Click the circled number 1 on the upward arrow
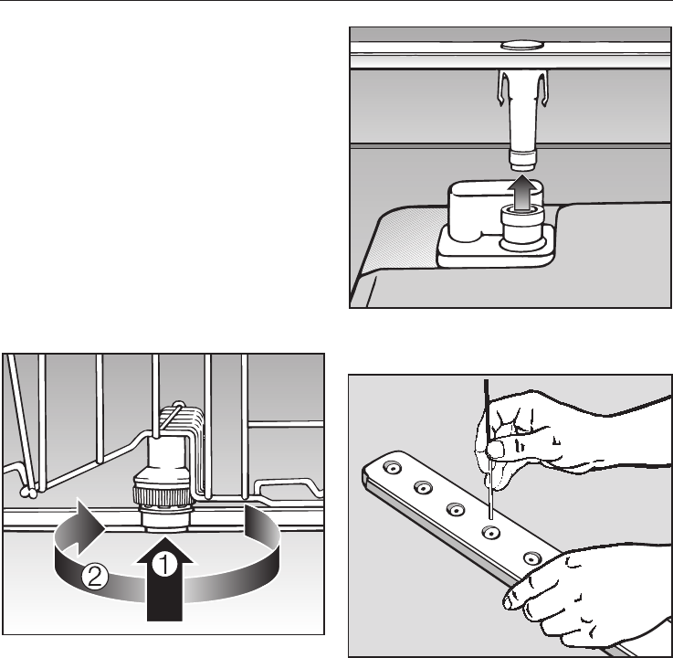pos(164,564)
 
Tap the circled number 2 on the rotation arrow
pos(95,577)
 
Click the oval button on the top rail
pos(522,45)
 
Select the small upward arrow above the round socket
pos(522,192)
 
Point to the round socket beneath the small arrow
pos(522,227)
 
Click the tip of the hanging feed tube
pos(522,160)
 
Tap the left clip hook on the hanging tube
pos(502,89)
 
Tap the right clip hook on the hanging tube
pos(543,89)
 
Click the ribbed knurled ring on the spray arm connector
pos(163,496)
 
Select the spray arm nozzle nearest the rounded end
pos(393,467)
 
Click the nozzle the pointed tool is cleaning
pos(490,533)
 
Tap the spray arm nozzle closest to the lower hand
pos(532,558)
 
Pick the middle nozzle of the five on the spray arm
pos(456,510)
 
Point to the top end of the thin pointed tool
pos(487,380)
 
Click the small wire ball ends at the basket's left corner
pos(29,493)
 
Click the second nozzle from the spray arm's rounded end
pos(423,488)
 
